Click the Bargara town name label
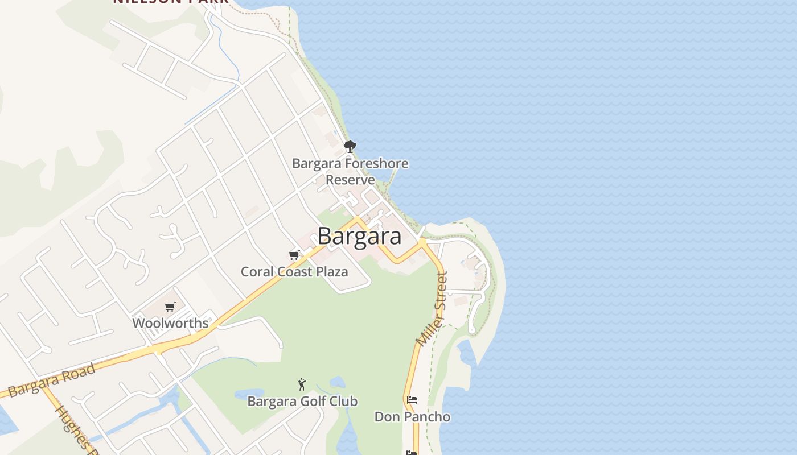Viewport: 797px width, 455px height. [359, 235]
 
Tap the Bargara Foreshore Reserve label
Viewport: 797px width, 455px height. [350, 171]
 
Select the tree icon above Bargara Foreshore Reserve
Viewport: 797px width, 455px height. [350, 147]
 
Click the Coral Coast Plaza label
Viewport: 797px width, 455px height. [294, 271]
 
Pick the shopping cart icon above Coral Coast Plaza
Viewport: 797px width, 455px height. [294, 254]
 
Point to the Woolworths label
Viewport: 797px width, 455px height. [170, 323]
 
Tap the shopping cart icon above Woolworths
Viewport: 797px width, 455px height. [170, 307]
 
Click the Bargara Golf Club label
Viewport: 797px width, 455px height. [302, 401]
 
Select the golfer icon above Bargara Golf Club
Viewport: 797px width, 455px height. [302, 384]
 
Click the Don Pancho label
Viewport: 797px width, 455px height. [412, 417]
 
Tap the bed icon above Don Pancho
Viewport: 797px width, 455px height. [412, 400]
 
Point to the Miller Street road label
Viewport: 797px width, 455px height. [433, 309]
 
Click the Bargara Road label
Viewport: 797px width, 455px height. [52, 380]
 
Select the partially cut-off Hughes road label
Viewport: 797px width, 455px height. [73, 427]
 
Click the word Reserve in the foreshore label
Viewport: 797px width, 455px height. [350, 180]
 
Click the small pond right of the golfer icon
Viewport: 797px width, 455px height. [337, 382]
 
